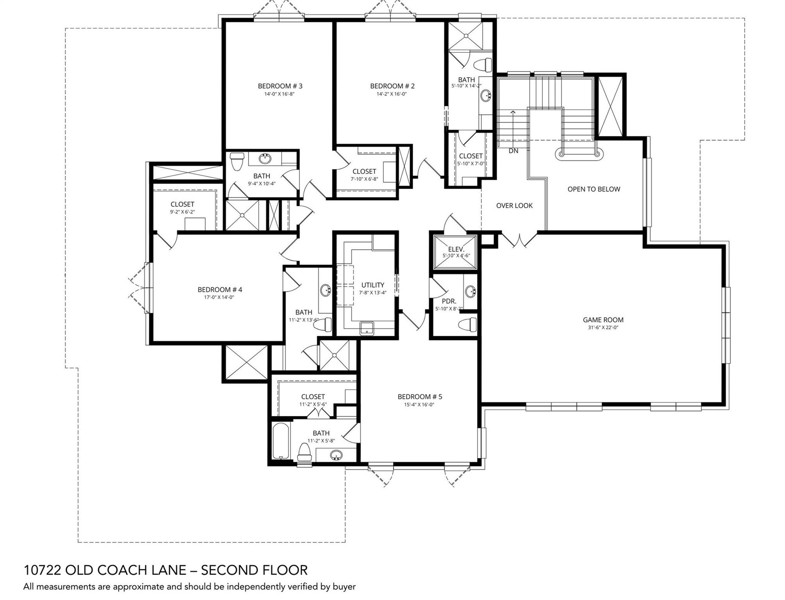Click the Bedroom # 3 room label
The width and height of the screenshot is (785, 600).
click(280, 86)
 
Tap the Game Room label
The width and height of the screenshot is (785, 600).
click(603, 320)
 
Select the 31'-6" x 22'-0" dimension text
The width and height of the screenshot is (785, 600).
click(603, 328)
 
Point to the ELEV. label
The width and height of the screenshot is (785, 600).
click(456, 249)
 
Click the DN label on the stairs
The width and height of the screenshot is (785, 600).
click(513, 151)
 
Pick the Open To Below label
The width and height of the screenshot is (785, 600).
click(594, 189)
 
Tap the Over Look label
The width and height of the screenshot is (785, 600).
click(514, 205)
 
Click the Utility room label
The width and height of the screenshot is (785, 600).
click(372, 285)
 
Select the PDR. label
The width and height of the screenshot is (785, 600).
click(449, 302)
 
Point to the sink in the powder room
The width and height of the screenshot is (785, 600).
click(471, 291)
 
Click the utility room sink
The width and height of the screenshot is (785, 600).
click(367, 328)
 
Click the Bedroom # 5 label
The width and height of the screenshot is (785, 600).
click(420, 397)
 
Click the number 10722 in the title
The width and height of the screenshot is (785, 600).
click(42, 570)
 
